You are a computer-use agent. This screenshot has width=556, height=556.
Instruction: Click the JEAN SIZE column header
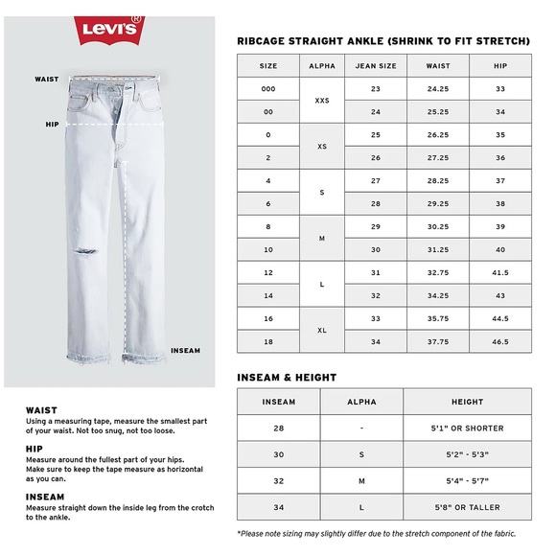[x=376, y=66]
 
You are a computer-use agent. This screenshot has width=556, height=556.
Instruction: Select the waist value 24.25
[x=438, y=89]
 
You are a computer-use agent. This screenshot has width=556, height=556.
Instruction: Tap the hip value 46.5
[x=499, y=342]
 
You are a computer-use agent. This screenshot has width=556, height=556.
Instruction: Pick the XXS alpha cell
[x=321, y=101]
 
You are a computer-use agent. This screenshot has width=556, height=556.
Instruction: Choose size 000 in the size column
[x=267, y=89]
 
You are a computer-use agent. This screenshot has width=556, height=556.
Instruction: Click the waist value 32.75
[x=438, y=273]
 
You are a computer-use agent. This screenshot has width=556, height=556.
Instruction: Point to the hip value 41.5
[x=499, y=273]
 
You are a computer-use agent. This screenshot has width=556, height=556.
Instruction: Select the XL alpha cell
[x=321, y=331]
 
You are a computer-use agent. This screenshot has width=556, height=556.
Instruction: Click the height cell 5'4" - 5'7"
[x=467, y=480]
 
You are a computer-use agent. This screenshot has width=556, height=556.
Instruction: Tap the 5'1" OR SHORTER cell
[x=467, y=429]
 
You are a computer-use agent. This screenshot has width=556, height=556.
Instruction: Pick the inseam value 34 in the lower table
[x=278, y=506]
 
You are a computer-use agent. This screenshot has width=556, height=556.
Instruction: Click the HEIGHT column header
[x=467, y=402]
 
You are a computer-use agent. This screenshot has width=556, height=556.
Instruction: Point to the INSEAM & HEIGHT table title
[x=285, y=377]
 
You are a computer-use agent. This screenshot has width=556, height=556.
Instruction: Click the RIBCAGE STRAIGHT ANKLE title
[x=382, y=41]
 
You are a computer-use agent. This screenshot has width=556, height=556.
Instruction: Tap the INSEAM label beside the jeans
[x=185, y=351]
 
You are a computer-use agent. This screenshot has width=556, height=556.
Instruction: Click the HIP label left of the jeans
[x=52, y=125]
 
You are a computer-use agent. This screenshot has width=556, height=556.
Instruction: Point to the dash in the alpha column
[x=361, y=429]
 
